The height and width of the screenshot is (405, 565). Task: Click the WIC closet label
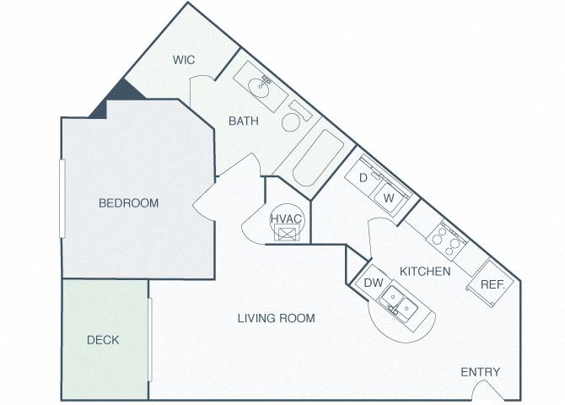[184, 60]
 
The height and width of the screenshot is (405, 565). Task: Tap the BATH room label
[244, 121]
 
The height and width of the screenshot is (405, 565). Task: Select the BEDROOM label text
[129, 203]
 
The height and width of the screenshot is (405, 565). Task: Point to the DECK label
[103, 340]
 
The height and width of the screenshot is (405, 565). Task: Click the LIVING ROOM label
[277, 318]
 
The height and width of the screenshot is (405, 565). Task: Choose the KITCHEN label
[425, 271]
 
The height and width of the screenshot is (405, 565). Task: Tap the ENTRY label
[481, 372]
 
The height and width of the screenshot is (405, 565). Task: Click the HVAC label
[286, 219]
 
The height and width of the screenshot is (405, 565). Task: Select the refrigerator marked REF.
[491, 283]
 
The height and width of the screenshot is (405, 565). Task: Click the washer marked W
[390, 198]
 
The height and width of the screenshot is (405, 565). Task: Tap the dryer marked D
[363, 177]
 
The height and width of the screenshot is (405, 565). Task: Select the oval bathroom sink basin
[258, 87]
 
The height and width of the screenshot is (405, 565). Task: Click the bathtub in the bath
[318, 158]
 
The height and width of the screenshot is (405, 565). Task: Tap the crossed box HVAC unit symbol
[287, 233]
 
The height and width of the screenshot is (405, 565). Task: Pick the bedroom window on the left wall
[62, 199]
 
